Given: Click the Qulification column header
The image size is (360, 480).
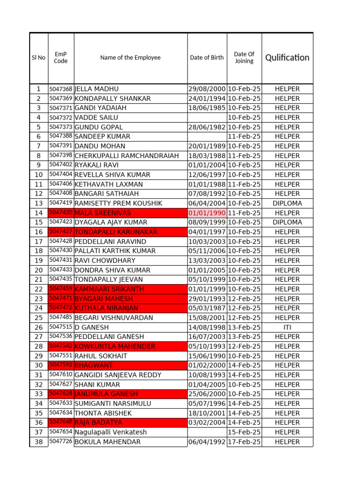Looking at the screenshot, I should [x=287, y=58].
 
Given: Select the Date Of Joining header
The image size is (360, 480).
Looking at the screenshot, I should [x=244, y=58].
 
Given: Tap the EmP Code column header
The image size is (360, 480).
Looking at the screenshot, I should [x=61, y=58].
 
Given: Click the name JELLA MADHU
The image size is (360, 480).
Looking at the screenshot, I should [x=97, y=89].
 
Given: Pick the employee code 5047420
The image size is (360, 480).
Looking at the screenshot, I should [x=61, y=213].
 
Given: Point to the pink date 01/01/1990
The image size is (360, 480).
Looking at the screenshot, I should [x=207, y=213].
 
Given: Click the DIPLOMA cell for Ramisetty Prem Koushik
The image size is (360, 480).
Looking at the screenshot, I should [x=287, y=203].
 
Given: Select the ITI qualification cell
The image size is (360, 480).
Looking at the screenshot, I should [x=287, y=327].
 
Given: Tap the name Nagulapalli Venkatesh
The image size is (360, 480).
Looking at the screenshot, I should [x=111, y=432].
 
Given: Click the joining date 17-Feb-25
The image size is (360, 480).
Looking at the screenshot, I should [x=244, y=442].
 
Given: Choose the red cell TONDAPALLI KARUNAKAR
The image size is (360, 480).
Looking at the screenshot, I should [x=116, y=232].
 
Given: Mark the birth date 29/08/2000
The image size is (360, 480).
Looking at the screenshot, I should [x=207, y=89].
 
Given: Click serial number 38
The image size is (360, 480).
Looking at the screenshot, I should [x=38, y=442].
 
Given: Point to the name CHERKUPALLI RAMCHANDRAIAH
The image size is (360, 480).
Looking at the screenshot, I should [x=127, y=156].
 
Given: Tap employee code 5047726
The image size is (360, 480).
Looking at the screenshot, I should [x=61, y=442].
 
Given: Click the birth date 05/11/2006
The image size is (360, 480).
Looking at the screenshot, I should [x=207, y=251].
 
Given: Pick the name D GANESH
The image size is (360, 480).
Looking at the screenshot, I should [x=91, y=327].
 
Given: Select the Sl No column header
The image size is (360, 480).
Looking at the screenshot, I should [x=38, y=58].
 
